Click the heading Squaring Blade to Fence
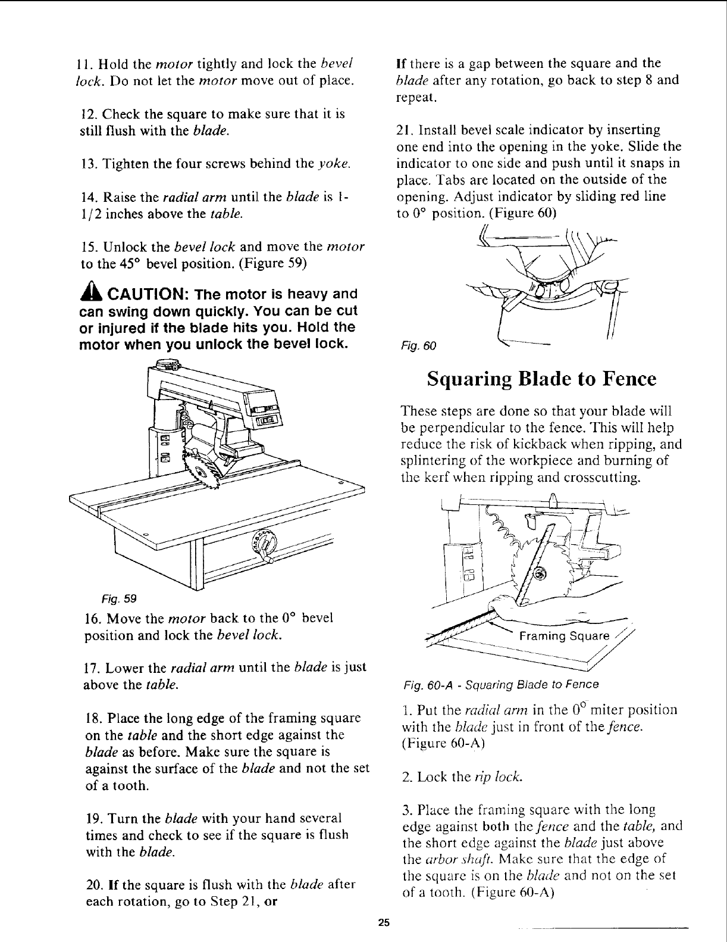tap(541, 379)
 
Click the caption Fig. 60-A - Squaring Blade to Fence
tap(500, 684)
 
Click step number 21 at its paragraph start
tap(403, 130)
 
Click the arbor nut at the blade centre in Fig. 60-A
tap(540, 574)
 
